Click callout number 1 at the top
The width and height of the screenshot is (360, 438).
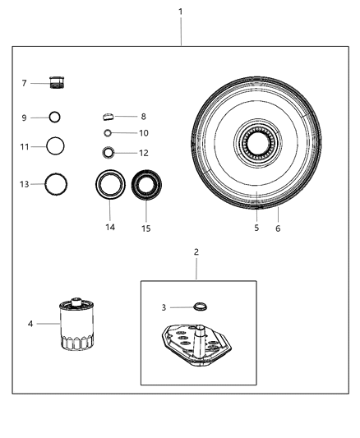click(181, 12)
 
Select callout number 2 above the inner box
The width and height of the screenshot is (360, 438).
click(196, 251)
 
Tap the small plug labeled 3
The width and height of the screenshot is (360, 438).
click(199, 307)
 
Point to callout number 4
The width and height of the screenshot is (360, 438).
click(31, 324)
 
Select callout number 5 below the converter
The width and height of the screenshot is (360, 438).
click(256, 228)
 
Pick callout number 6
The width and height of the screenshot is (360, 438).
click(278, 228)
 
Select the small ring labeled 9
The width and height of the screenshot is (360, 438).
click(55, 118)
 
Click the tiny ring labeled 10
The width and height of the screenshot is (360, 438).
click(108, 132)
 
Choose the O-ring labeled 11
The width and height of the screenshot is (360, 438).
click(55, 147)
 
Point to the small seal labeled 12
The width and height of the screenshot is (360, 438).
click(108, 152)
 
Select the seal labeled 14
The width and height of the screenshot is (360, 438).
click(110, 184)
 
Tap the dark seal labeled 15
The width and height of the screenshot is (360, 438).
click(147, 184)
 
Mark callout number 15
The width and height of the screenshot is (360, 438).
click(146, 228)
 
